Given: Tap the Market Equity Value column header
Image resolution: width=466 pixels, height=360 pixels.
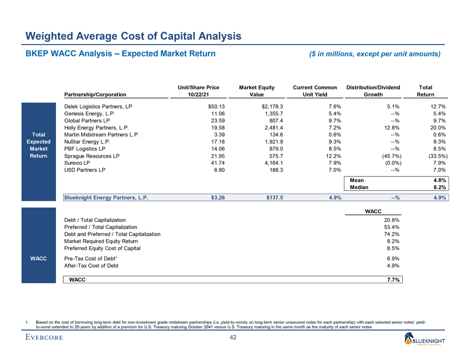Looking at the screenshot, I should pos(256,91).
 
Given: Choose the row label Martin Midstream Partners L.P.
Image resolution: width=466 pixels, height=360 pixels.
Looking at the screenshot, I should pos(102,134).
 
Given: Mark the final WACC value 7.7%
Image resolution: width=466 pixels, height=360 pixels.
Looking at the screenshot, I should pos(393,280).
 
